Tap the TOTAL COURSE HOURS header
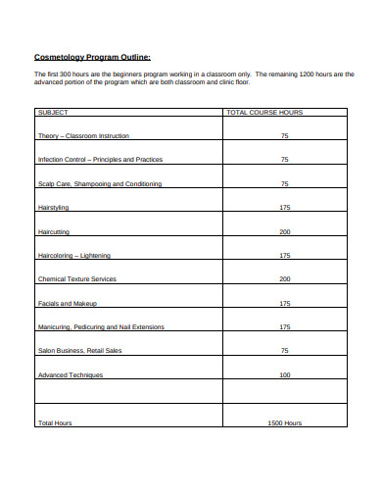[x=264, y=113]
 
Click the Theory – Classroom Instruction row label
[x=82, y=135]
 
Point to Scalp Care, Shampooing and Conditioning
[x=99, y=183]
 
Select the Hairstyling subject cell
[x=55, y=208]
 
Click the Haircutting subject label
[x=55, y=231]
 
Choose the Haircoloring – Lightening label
[x=73, y=255]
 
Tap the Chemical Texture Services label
[x=76, y=279]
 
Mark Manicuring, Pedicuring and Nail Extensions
[x=100, y=326]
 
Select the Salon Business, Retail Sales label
[x=79, y=350]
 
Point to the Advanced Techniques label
[x=69, y=374]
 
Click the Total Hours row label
[x=55, y=422]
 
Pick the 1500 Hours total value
[x=284, y=422]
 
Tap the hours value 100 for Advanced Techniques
[x=284, y=374]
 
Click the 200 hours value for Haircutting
[x=284, y=231]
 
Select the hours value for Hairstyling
[x=284, y=208]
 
